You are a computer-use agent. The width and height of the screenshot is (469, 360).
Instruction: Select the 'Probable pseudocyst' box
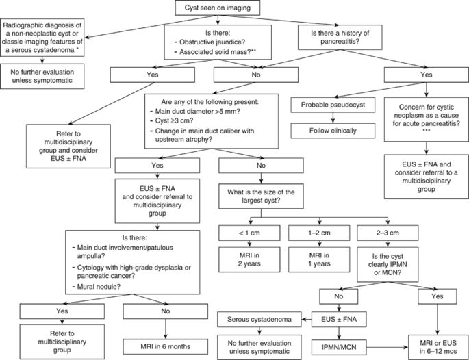pos(327,104)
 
